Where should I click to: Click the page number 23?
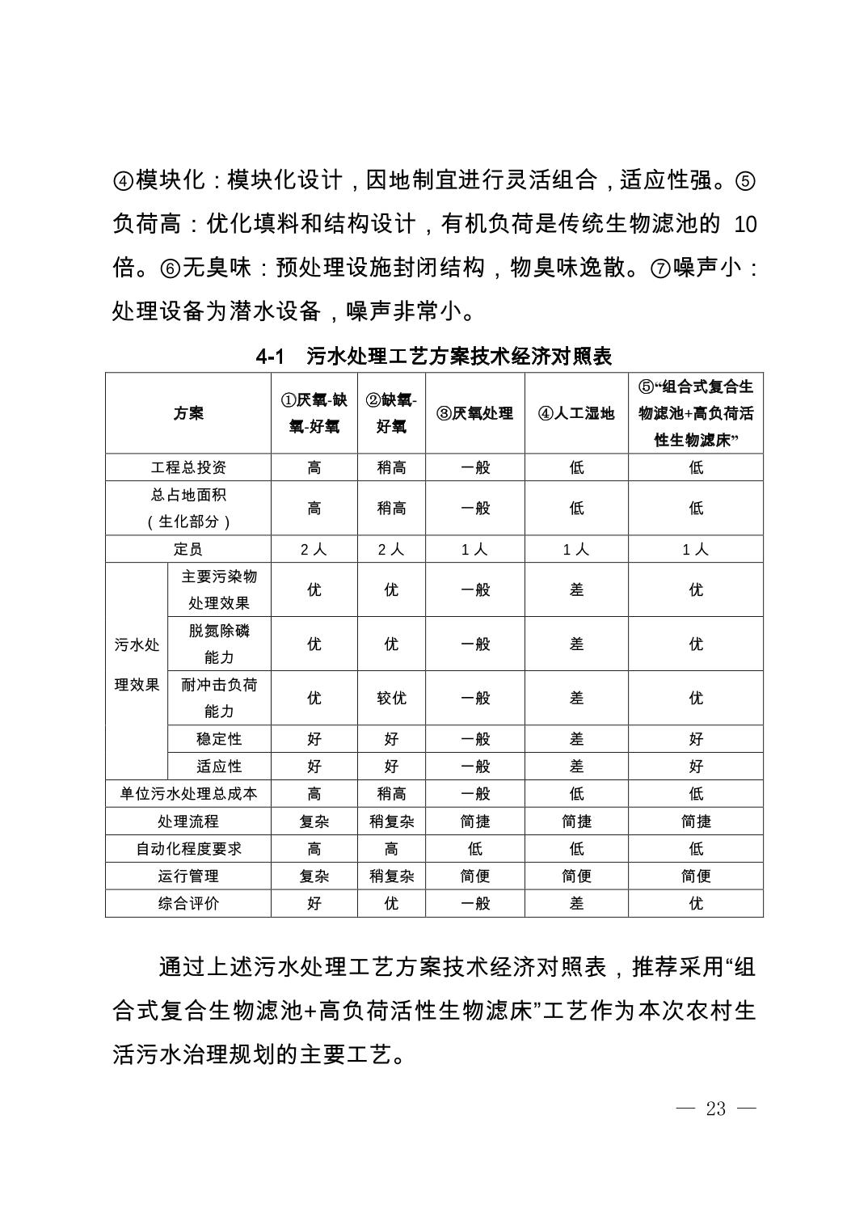coord(715,1109)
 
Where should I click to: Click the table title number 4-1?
coord(272,356)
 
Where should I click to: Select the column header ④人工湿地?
coord(576,413)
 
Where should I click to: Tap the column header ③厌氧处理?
coord(475,413)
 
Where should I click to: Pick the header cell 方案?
coord(188,413)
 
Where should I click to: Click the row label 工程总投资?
coord(188,467)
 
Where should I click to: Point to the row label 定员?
coord(188,549)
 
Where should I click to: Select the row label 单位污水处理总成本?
coord(188,794)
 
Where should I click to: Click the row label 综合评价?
coord(188,903)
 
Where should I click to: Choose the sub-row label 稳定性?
coord(219,739)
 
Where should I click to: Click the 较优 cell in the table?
coord(391,698)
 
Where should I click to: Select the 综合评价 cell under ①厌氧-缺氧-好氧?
coord(314,903)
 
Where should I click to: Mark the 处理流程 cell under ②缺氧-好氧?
coord(391,821)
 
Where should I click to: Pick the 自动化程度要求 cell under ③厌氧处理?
coord(475,849)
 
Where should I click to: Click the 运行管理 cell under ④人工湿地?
coord(576,876)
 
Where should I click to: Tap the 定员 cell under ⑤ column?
coord(696,549)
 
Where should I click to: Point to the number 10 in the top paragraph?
coord(745,224)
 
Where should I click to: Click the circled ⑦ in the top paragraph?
coord(660,268)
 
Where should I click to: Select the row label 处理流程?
coord(188,821)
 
